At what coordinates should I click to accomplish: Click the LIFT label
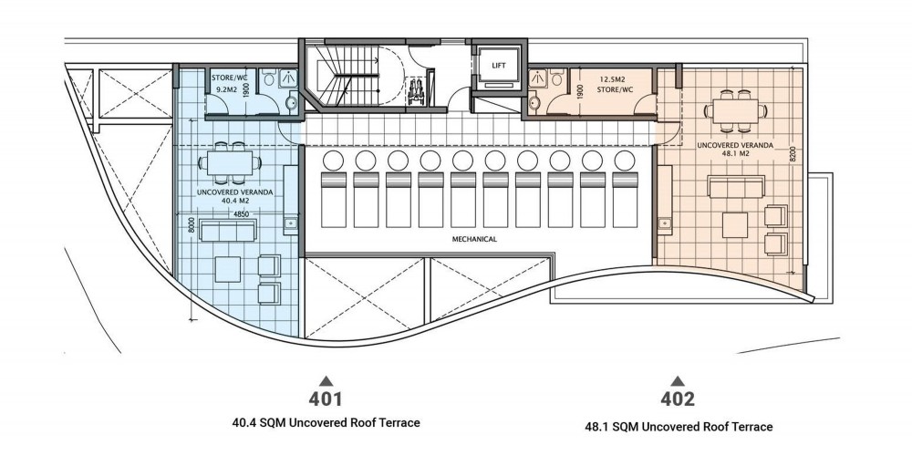tap(498, 65)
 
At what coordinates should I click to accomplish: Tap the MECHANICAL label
tap(474, 239)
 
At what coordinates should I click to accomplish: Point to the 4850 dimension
tap(242, 214)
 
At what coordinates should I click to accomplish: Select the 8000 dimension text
tap(192, 225)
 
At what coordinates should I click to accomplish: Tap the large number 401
tap(326, 399)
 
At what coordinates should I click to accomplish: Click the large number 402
tap(678, 399)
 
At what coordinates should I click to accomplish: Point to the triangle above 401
tap(326, 381)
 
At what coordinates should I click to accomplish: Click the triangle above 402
tap(678, 381)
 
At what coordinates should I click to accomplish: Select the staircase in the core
tap(343, 77)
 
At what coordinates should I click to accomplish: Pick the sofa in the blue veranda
tap(226, 230)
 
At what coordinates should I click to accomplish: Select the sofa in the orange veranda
tap(735, 186)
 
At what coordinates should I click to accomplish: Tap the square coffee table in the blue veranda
tap(228, 269)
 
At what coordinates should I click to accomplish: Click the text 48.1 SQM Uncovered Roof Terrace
tap(679, 427)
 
